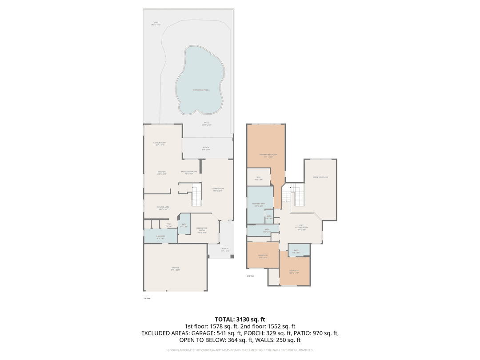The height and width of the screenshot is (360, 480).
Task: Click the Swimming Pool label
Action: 201,90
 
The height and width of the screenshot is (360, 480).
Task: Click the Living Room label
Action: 218,189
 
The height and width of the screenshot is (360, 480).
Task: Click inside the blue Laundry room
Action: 160,237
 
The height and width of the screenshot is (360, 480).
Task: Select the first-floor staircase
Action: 196,196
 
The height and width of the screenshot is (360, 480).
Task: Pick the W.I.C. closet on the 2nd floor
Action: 259,178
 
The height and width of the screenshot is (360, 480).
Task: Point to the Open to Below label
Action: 320,177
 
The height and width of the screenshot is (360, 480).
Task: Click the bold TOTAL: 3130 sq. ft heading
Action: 240,319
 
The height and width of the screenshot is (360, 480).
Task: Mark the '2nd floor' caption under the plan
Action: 250,276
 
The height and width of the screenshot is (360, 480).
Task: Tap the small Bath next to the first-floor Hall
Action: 184,225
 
